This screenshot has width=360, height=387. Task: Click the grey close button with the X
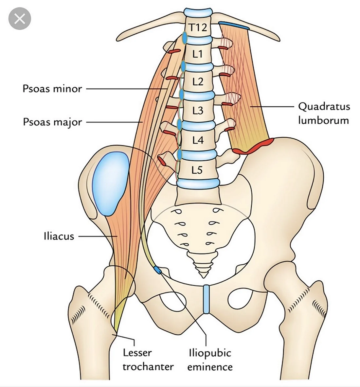20,19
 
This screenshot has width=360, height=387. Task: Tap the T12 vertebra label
198,27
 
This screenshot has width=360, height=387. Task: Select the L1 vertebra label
198,54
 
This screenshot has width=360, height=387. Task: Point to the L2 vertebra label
198,81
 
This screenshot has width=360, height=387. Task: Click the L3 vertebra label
198,111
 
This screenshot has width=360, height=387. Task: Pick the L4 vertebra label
198,140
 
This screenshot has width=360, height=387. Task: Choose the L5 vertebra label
197,170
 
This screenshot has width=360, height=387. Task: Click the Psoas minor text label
52,89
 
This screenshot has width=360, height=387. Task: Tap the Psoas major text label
52,122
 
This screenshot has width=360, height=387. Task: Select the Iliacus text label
59,236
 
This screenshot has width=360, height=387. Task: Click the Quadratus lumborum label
324,114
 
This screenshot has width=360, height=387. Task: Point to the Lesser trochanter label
148,360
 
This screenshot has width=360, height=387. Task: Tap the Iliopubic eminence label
210,360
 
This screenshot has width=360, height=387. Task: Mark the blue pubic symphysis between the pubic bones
206,299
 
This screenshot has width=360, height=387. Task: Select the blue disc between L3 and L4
198,125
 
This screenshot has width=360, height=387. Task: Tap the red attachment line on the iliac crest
253,147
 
